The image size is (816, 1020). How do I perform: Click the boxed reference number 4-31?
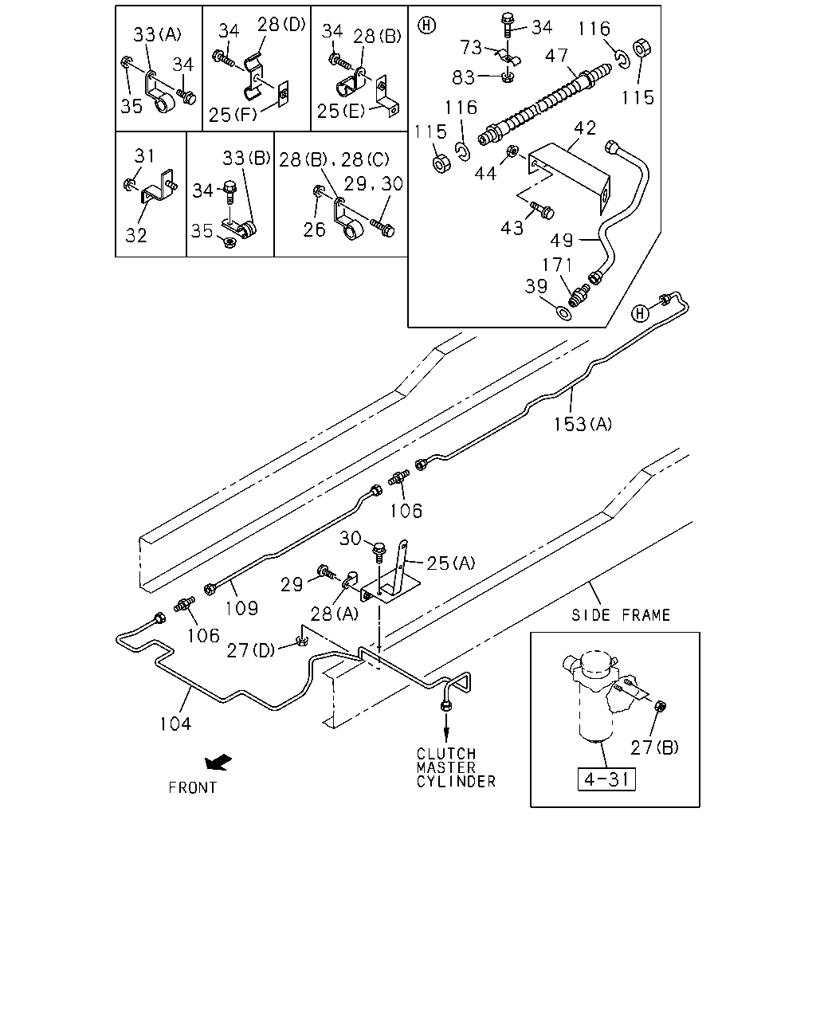[x=606, y=779]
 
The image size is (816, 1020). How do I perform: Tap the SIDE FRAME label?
[x=621, y=615]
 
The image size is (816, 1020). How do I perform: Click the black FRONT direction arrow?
[x=218, y=762]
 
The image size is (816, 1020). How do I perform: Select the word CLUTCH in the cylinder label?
[x=446, y=754]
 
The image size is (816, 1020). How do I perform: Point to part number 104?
[x=175, y=724]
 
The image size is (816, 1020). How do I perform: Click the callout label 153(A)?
[x=583, y=424]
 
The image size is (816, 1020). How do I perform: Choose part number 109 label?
[x=241, y=608]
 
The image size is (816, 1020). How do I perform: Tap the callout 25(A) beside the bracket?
[x=450, y=563]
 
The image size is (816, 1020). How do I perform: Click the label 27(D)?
[x=250, y=650]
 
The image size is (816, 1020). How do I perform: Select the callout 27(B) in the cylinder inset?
[x=654, y=747]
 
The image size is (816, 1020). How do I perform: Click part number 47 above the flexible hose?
[x=556, y=56]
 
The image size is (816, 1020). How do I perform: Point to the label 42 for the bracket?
[x=585, y=128]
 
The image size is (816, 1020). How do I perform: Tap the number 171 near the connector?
[x=557, y=265]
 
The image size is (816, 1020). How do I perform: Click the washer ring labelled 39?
[x=563, y=313]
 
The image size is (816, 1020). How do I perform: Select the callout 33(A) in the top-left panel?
[x=158, y=34]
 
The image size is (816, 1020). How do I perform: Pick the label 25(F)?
[x=233, y=115]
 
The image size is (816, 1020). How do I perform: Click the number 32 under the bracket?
[x=136, y=235]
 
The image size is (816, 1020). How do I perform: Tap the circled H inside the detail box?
[x=426, y=25]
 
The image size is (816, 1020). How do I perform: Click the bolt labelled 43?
[x=543, y=210]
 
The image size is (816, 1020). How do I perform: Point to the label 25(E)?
[x=341, y=111]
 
